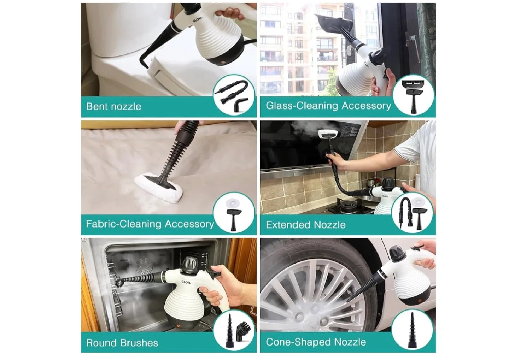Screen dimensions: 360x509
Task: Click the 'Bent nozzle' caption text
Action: pyautogui.click(x=113, y=106)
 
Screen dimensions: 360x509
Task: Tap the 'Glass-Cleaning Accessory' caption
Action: pyautogui.click(x=328, y=106)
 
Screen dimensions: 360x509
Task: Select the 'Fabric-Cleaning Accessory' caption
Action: pyautogui.click(x=150, y=224)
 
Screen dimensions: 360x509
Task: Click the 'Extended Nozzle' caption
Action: pyautogui.click(x=306, y=225)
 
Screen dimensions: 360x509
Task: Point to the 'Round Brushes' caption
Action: pyautogui.click(x=122, y=343)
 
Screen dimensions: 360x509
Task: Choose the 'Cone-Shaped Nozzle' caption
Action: pyautogui.click(x=316, y=342)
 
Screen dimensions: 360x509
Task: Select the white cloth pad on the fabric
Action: pyautogui.click(x=159, y=186)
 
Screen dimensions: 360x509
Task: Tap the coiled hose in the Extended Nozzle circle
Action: pyautogui.click(x=404, y=212)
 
